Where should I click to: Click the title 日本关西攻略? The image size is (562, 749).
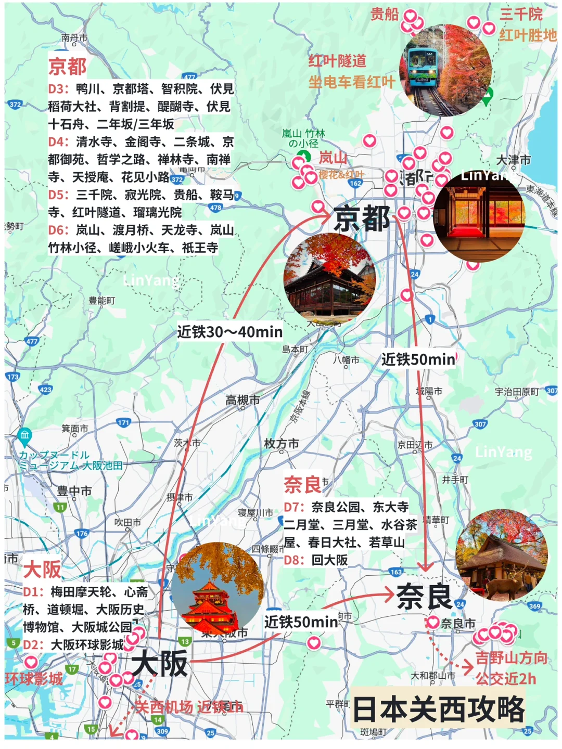[x=439, y=709]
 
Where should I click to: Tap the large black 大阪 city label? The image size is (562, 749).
[x=159, y=664]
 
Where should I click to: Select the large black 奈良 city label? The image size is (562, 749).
[x=424, y=596]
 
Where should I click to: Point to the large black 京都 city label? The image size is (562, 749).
[x=362, y=218]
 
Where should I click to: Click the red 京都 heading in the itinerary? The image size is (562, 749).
[x=68, y=67]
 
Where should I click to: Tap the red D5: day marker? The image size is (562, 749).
[x=59, y=195]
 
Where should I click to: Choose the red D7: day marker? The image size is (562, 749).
[x=295, y=507]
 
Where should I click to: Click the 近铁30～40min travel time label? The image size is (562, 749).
[x=229, y=332]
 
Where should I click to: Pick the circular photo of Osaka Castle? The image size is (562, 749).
[x=217, y=588]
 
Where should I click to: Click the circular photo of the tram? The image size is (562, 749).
[x=445, y=70]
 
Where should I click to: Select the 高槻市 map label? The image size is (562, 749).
[x=242, y=400]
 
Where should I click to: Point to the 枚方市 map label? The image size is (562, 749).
[x=282, y=444]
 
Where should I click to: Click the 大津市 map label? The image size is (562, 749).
[x=513, y=160]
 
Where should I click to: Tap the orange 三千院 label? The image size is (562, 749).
[x=521, y=14]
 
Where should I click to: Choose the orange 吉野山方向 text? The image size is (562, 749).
[x=511, y=658]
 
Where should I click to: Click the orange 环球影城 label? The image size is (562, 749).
[x=33, y=679]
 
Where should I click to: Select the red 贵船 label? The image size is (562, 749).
[x=385, y=14]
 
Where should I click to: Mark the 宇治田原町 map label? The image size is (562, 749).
[x=516, y=392]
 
